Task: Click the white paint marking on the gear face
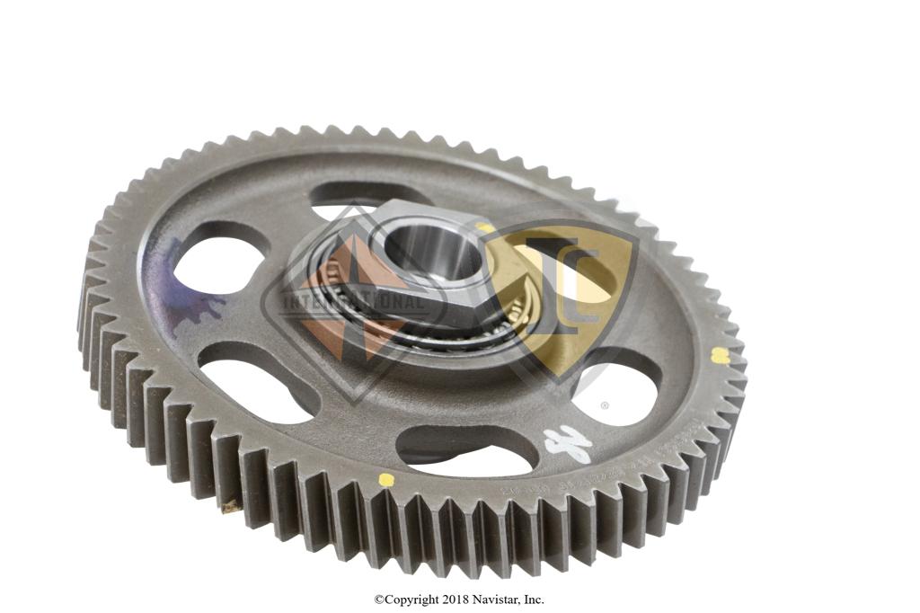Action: [x=568, y=442]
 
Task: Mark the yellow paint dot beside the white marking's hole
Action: [x=386, y=479]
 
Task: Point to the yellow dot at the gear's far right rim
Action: [x=720, y=355]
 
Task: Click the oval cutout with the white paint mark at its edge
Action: [x=467, y=449]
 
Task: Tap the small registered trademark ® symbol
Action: [x=605, y=405]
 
